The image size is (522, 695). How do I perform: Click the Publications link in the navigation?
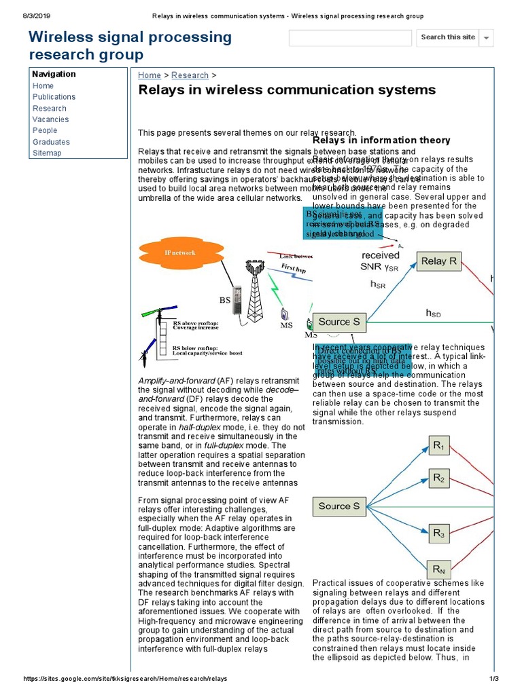(54, 97)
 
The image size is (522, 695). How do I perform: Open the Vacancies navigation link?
(50, 119)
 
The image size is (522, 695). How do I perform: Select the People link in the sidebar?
(45, 130)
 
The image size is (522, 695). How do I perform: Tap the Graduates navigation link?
(51, 142)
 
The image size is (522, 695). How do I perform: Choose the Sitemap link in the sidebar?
(47, 153)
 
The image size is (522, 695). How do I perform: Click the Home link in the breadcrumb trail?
(150, 75)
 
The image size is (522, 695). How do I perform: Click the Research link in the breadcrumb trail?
(190, 75)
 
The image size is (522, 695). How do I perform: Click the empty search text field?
(349, 38)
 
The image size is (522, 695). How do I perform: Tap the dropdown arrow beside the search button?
(487, 38)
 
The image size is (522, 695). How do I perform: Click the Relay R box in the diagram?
(439, 261)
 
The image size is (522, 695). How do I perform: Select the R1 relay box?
(438, 447)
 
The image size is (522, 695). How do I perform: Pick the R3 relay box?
(438, 533)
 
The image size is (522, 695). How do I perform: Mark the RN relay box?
(438, 568)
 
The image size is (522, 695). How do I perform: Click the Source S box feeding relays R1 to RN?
(339, 506)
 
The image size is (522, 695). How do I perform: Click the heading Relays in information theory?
(381, 140)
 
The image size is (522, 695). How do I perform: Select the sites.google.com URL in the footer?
(126, 679)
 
